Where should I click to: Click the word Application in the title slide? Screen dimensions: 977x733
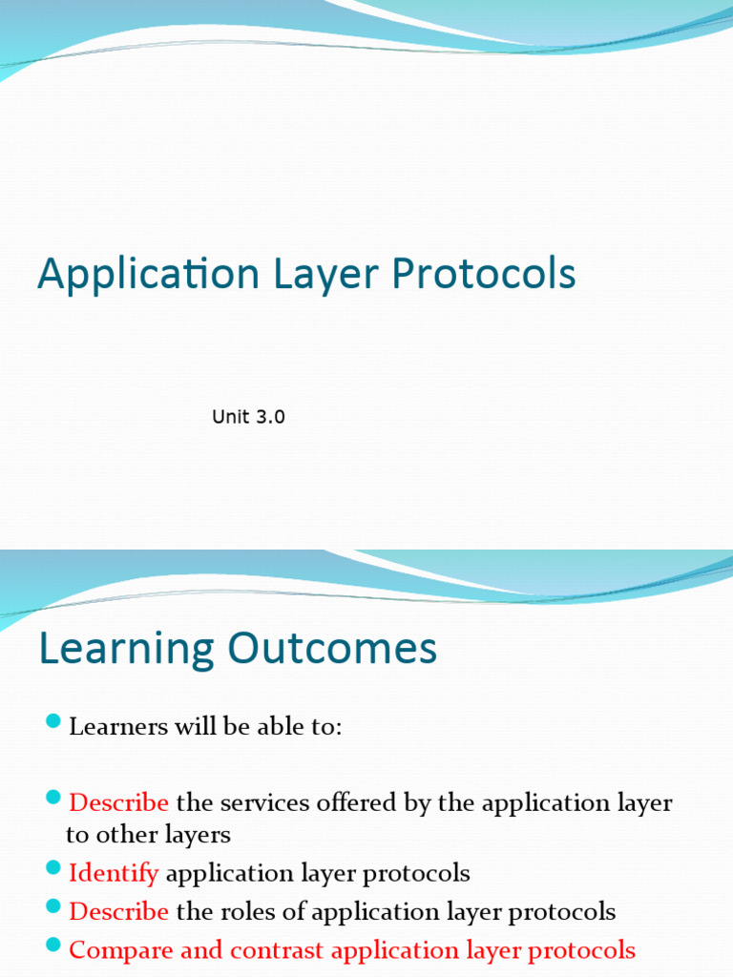tap(148, 275)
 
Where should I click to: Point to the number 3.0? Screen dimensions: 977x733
tap(268, 417)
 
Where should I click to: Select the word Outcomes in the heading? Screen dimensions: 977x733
tap(332, 650)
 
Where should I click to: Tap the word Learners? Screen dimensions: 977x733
tap(117, 727)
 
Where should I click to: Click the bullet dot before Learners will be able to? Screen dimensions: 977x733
tap(52, 720)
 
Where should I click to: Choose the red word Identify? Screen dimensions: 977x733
tap(114, 873)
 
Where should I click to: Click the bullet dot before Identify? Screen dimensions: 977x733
tap(52, 867)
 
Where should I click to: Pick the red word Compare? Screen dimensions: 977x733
tap(114, 950)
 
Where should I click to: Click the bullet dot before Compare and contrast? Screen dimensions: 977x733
tap(52, 944)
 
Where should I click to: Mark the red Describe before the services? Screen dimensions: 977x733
tap(118, 803)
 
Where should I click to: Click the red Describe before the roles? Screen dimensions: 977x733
tap(118, 912)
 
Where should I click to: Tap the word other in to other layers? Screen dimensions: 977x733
tap(119, 836)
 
